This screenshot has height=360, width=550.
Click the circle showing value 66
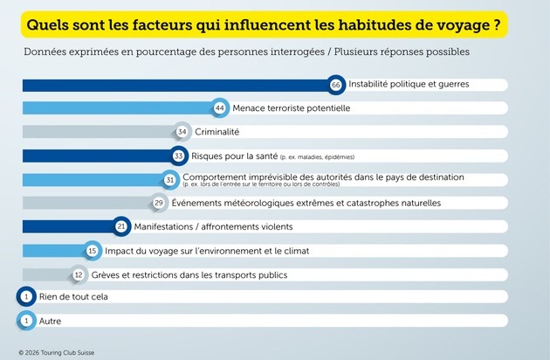(336, 85)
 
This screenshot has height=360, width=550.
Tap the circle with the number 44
(220, 107)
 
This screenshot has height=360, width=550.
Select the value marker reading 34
(182, 132)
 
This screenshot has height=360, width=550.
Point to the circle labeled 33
(179, 156)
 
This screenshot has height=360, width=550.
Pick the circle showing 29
(159, 203)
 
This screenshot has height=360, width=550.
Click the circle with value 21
(121, 226)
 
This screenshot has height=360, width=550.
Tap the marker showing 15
(93, 251)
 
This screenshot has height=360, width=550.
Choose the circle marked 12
(79, 274)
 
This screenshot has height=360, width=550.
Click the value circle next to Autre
(26, 321)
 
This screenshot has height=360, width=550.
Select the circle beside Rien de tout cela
(26, 297)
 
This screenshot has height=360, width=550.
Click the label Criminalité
(217, 132)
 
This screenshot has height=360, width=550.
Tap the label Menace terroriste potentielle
(291, 108)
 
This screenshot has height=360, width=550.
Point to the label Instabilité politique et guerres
(409, 84)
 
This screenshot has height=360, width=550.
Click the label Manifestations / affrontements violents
(213, 226)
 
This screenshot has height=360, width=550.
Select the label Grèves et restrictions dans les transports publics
(189, 275)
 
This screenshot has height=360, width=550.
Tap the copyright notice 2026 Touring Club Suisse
(57, 353)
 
